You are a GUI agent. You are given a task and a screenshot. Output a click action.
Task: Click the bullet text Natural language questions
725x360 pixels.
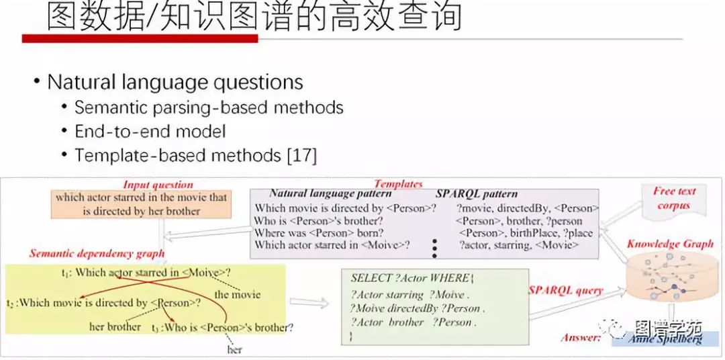[x=175, y=83]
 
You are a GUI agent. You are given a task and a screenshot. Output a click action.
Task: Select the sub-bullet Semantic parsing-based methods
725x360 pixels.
[x=208, y=107]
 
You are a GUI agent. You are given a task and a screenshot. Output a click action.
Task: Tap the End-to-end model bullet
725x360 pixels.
[x=150, y=131]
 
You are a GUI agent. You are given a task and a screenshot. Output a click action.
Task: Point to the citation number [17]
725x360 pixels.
[x=301, y=155]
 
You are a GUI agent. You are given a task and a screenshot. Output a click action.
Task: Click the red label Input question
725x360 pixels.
[x=158, y=185]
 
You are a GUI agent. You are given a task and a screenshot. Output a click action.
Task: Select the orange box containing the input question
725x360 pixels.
[x=141, y=204]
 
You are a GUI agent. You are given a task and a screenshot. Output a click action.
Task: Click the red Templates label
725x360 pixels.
[x=398, y=183]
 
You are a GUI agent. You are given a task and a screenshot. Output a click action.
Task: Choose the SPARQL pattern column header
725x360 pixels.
[x=477, y=194]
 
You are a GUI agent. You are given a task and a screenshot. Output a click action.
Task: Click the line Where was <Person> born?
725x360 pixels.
[x=319, y=233]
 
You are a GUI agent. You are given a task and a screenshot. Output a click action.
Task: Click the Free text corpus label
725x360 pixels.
[x=674, y=198]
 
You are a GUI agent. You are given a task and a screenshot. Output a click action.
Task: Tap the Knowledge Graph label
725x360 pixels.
[x=670, y=244]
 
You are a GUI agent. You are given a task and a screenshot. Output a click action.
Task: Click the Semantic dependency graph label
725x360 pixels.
[x=97, y=254]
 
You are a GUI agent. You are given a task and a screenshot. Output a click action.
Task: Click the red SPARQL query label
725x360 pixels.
[x=565, y=291]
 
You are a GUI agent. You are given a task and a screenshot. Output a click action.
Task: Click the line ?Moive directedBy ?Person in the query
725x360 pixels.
[x=416, y=308]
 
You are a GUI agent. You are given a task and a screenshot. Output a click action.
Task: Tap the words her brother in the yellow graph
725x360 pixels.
[x=115, y=327]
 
